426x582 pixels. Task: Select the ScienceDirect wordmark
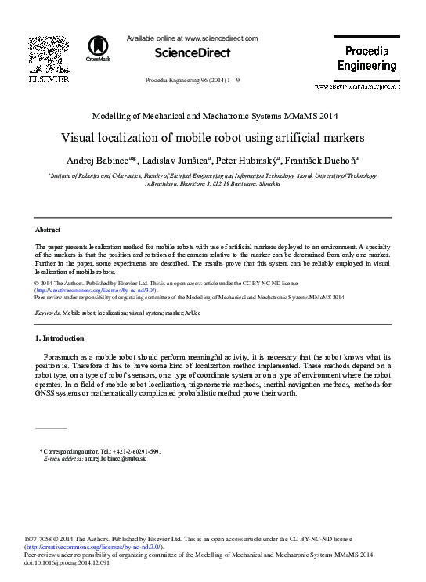pos(193,53)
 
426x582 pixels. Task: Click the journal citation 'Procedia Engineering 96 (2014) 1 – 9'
pos(193,81)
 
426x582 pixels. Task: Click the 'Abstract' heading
pos(49,230)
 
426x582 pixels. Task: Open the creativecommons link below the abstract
pos(100,290)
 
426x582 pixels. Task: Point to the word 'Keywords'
pos(48,313)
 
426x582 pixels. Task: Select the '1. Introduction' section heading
pos(60,338)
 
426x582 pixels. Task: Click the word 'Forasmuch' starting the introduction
pos(65,356)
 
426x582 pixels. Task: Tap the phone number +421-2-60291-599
pos(135,451)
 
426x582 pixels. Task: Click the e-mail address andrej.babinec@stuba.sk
pos(114,458)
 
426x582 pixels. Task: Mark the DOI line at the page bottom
pos(67,563)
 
